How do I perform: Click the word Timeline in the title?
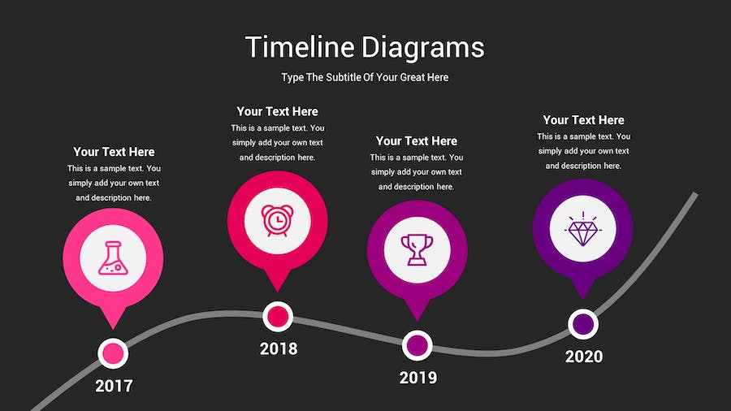pyautogui.click(x=300, y=47)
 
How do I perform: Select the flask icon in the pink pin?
pyautogui.click(x=113, y=257)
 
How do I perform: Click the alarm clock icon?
pyautogui.click(x=278, y=220)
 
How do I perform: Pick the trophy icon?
pyautogui.click(x=417, y=250)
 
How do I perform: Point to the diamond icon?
pyautogui.click(x=582, y=228)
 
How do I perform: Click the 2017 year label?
pyautogui.click(x=114, y=386)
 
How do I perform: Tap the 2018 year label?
pyautogui.click(x=279, y=348)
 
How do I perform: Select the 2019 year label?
pyautogui.click(x=418, y=378)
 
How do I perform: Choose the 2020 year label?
pyautogui.click(x=584, y=357)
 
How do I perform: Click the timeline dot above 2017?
pyautogui.click(x=113, y=353)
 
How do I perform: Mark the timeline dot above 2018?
pyautogui.click(x=278, y=317)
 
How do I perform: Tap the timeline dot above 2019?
pyautogui.click(x=417, y=346)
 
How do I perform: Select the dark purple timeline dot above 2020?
pyautogui.click(x=583, y=324)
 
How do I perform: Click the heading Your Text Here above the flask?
pyautogui.click(x=114, y=152)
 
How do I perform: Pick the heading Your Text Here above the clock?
pyautogui.click(x=278, y=111)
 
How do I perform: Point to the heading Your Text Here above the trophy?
pyautogui.click(x=417, y=141)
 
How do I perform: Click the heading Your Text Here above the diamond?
pyautogui.click(x=583, y=119)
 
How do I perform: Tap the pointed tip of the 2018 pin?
pyautogui.click(x=278, y=292)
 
